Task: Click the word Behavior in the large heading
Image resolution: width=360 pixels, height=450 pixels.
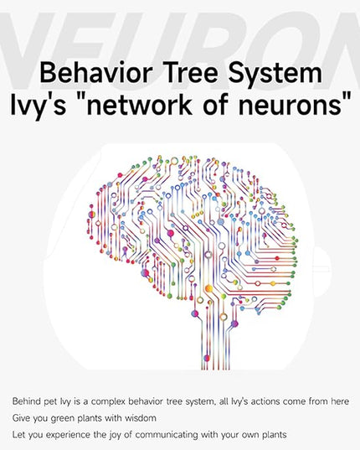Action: pyautogui.click(x=95, y=73)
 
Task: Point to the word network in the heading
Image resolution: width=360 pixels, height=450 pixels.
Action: pyautogui.click(x=140, y=105)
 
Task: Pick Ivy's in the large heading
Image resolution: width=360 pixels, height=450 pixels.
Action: pyautogui.click(x=38, y=106)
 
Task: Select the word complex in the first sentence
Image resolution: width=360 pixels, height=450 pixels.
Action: pyautogui.click(x=107, y=401)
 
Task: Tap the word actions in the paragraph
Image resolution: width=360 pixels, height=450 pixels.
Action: pyautogui.click(x=265, y=401)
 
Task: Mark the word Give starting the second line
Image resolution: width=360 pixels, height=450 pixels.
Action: pyautogui.click(x=21, y=418)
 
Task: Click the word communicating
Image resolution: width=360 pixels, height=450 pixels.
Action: pyautogui.click(x=167, y=435)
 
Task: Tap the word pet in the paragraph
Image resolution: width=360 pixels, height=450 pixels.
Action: pyautogui.click(x=50, y=401)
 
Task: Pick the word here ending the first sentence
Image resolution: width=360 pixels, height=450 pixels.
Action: pyautogui.click(x=340, y=401)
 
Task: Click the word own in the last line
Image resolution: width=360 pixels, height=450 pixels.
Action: pyautogui.click(x=251, y=436)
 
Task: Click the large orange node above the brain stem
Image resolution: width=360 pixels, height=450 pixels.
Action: pyautogui.click(x=209, y=288)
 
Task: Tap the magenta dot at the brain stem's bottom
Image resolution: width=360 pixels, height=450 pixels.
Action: pyautogui.click(x=206, y=358)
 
